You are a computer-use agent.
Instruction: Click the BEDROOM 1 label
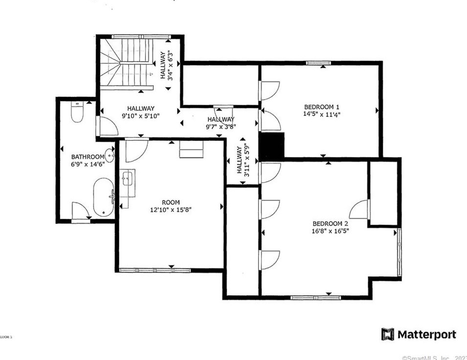tap(322, 107)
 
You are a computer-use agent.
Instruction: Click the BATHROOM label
tap(88, 157)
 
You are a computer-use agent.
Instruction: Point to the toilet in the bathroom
tap(77, 113)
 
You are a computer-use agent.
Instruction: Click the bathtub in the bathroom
tap(103, 197)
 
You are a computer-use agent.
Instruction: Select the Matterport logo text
tap(426, 335)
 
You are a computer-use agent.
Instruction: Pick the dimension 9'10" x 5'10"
tap(141, 115)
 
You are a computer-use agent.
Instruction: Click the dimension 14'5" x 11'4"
tap(322, 114)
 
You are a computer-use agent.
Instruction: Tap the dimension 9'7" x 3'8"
tap(221, 126)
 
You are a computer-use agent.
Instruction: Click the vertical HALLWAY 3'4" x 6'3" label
tap(166, 65)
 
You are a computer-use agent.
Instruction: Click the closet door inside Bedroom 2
tap(360, 209)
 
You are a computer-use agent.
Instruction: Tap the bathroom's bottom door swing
tap(80, 211)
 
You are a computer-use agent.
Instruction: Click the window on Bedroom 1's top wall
tap(318, 63)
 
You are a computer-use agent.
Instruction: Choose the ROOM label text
tap(171, 202)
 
